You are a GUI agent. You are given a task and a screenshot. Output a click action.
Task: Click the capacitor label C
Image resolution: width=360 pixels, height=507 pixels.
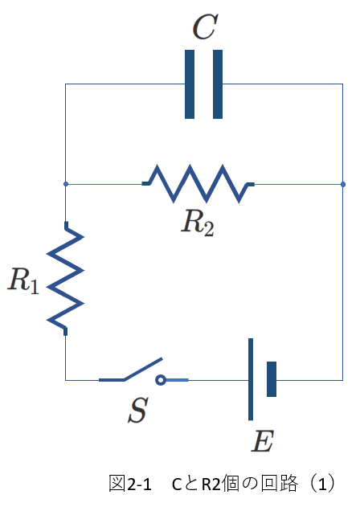point(205,27)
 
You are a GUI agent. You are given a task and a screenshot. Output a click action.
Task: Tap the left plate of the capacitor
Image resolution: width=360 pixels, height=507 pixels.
point(190,84)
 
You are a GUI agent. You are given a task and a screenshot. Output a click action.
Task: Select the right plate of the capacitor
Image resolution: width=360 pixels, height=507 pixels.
point(218,84)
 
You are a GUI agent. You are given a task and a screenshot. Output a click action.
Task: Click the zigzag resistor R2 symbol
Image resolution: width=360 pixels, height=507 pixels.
point(198,184)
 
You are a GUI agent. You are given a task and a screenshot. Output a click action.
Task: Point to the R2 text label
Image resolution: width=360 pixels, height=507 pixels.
point(198,223)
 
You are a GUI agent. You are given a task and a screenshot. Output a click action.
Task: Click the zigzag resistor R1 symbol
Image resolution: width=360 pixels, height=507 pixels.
point(66,278)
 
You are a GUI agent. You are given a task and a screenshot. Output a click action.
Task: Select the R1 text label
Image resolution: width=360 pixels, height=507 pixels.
point(23,280)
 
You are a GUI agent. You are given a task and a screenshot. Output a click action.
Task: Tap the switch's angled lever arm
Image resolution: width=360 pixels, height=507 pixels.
point(143,369)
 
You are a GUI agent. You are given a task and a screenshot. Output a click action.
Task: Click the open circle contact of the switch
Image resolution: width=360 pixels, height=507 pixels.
point(161,380)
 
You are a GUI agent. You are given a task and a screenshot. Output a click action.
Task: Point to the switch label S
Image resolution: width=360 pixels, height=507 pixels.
point(138,410)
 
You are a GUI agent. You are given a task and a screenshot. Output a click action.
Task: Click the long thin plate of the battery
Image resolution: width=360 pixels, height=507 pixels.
point(251,379)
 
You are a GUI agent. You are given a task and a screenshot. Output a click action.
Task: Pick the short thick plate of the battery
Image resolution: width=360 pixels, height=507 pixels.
point(272,379)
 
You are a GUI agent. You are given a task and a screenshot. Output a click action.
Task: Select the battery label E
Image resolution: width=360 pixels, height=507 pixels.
point(263,441)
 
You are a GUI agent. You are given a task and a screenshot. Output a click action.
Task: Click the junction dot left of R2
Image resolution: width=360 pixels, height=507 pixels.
point(66,184)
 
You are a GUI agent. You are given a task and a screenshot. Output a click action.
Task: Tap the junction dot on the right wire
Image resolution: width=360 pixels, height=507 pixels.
point(343,184)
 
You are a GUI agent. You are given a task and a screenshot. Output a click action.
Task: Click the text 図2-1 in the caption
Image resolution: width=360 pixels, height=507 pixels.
point(130,484)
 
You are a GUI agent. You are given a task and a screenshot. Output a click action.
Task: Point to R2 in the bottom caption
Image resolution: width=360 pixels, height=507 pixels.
point(211,485)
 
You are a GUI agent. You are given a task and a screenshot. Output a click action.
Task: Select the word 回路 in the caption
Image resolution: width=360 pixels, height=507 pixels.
point(280,484)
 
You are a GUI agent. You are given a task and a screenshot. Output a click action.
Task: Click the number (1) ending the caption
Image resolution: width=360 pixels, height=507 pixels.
point(322,484)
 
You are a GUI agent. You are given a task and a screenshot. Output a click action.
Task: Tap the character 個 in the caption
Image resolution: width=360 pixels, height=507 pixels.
point(231,484)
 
